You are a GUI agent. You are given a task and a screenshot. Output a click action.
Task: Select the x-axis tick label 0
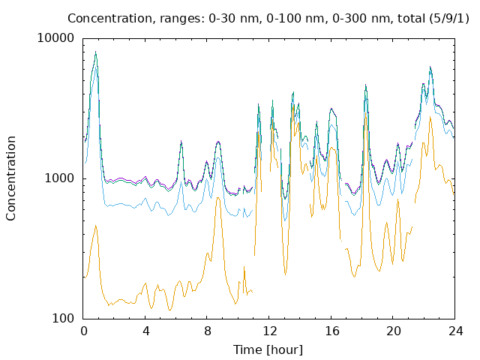[x=83, y=331]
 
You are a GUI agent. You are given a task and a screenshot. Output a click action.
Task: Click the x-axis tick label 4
[x=145, y=331]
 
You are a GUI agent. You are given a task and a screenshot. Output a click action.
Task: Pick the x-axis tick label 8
[x=208, y=331]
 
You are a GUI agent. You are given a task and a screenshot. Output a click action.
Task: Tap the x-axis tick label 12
[x=270, y=331]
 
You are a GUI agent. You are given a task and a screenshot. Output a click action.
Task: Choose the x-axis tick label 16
[x=331, y=331]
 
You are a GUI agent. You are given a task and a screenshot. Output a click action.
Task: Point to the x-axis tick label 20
[x=394, y=331]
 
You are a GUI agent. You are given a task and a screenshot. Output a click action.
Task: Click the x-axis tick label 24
[x=456, y=331]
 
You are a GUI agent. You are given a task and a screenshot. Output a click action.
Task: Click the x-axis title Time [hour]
[x=268, y=349]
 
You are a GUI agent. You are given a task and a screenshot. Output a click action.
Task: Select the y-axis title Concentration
[x=10, y=178]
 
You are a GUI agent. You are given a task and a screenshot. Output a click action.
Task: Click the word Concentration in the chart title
[x=109, y=18]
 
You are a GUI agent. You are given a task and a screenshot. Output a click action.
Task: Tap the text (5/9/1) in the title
[x=449, y=18]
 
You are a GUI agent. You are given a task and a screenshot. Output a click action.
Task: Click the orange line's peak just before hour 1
[x=96, y=226]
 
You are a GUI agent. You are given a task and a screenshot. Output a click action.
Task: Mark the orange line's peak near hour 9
[x=218, y=198]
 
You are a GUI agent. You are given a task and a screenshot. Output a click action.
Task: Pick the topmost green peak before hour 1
[x=96, y=52]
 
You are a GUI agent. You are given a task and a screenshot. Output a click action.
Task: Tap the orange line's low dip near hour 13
[x=285, y=274]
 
